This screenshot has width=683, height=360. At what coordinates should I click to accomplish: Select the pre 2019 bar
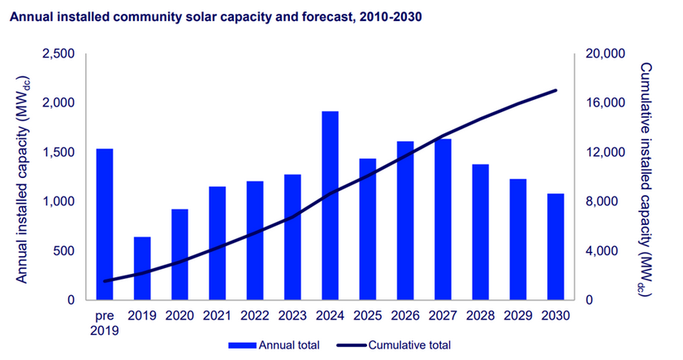[x=106, y=224]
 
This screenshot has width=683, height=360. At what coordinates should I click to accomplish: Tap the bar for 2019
[x=143, y=268]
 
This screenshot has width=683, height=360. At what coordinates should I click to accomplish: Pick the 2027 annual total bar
[x=442, y=219]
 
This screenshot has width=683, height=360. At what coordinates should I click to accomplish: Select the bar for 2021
[x=218, y=243]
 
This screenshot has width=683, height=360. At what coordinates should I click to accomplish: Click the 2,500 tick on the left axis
[x=58, y=54]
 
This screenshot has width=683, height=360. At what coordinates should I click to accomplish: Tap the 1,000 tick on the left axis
[x=58, y=202]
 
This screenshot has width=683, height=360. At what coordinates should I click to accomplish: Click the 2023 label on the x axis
[x=292, y=315]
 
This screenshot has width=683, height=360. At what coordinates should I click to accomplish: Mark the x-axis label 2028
[x=480, y=315]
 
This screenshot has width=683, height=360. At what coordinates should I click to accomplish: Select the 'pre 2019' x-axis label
[x=106, y=323]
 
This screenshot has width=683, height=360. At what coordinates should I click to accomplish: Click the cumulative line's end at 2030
[x=555, y=90]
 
